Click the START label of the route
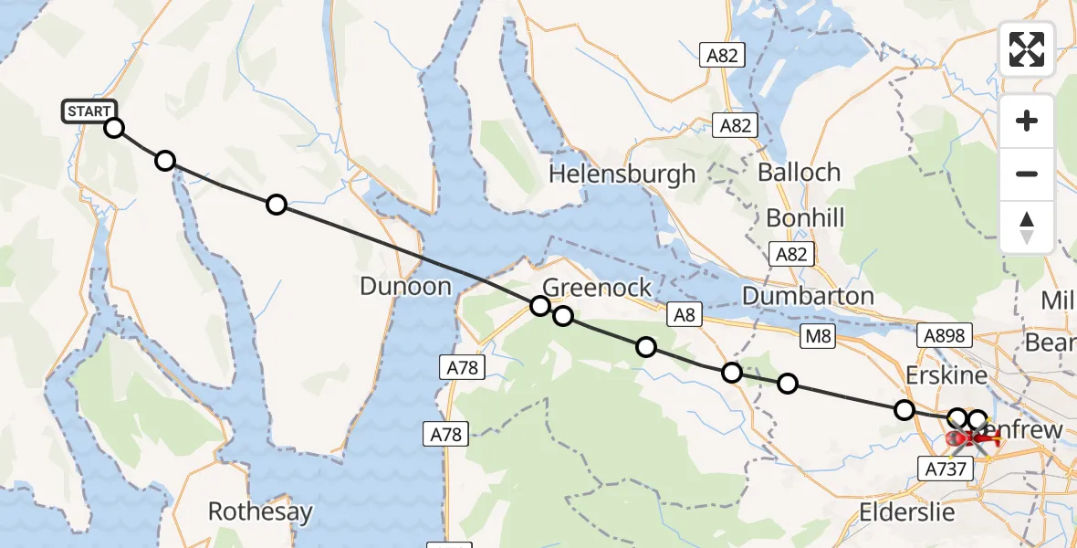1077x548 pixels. (x=89, y=111)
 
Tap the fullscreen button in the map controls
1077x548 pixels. (x=1027, y=49)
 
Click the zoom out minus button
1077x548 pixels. (x=1027, y=174)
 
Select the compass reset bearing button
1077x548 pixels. (x=1027, y=227)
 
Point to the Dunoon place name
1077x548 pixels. (x=405, y=286)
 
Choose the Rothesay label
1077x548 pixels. (x=260, y=511)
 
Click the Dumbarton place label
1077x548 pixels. (x=808, y=296)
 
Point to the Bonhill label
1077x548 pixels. (x=805, y=218)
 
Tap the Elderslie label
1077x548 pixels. (x=905, y=511)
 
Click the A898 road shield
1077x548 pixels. (x=944, y=336)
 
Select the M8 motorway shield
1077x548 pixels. (x=818, y=337)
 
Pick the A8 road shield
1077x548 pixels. (x=684, y=315)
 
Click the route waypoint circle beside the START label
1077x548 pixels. (x=114, y=128)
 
